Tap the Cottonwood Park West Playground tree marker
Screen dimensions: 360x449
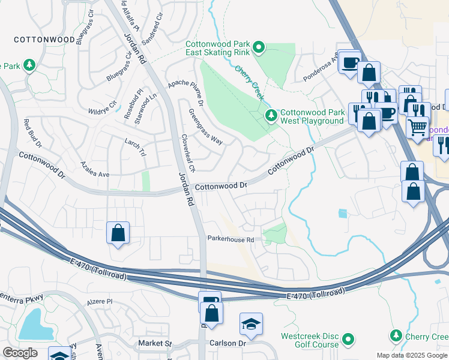point(271,115)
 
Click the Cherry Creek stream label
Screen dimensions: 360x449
point(249,82)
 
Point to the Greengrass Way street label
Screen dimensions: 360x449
point(205,127)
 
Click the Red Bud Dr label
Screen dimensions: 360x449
point(32,133)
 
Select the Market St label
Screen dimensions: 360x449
point(155,344)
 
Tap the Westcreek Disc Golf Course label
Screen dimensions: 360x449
point(310,340)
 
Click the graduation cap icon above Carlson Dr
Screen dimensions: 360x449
point(251,325)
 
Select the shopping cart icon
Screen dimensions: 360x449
point(417,127)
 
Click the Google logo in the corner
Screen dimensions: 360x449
point(20,353)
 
